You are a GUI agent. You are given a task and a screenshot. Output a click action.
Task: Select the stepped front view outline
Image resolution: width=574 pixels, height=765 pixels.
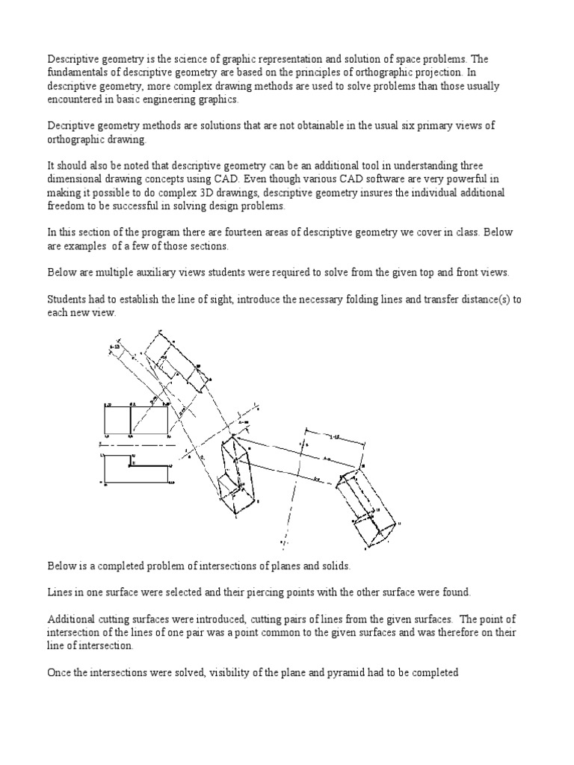135,468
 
